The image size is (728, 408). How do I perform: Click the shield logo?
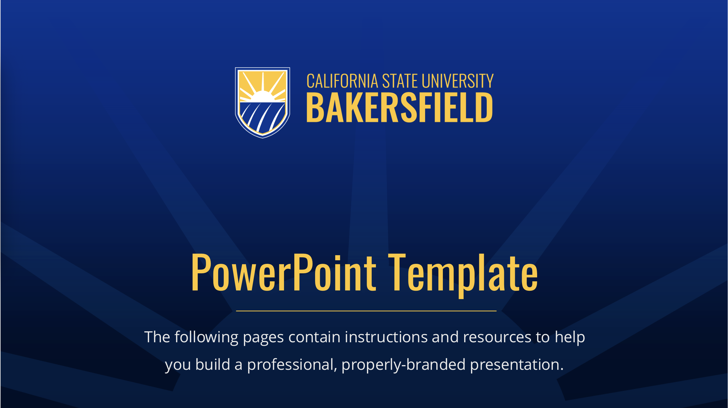click(x=262, y=102)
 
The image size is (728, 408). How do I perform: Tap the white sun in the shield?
click(x=262, y=97)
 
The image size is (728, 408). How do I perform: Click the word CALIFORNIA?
click(x=342, y=81)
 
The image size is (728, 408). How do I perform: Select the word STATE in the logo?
click(x=400, y=81)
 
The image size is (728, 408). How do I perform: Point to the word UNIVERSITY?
click(x=457, y=81)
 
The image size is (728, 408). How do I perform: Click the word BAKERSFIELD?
click(x=400, y=107)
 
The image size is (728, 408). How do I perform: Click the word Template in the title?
click(x=463, y=273)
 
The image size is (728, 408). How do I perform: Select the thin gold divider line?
click(x=366, y=311)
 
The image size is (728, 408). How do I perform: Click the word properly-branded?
click(x=403, y=364)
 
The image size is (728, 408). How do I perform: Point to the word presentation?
click(x=517, y=364)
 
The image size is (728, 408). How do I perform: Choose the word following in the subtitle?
click(x=206, y=337)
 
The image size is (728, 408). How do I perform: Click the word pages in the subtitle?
click(x=263, y=338)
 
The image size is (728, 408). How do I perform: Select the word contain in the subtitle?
click(x=314, y=337)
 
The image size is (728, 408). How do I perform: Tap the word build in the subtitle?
click(x=213, y=364)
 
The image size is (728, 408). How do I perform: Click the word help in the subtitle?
click(x=570, y=337)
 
